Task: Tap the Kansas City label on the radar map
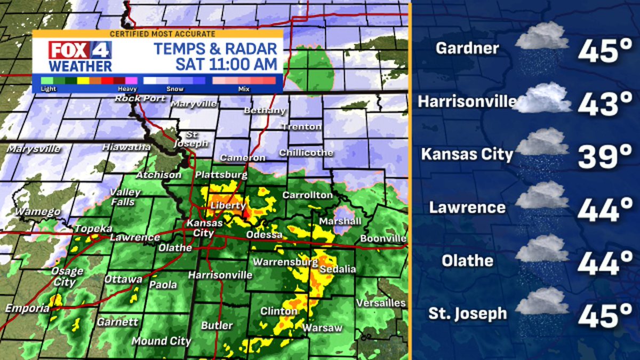[199, 229]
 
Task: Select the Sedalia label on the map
[337, 269]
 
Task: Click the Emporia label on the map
[25, 308]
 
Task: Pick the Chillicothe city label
[306, 153]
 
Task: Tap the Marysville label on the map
[34, 149]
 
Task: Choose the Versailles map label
[381, 302]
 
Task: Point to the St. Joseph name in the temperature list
[467, 314]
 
